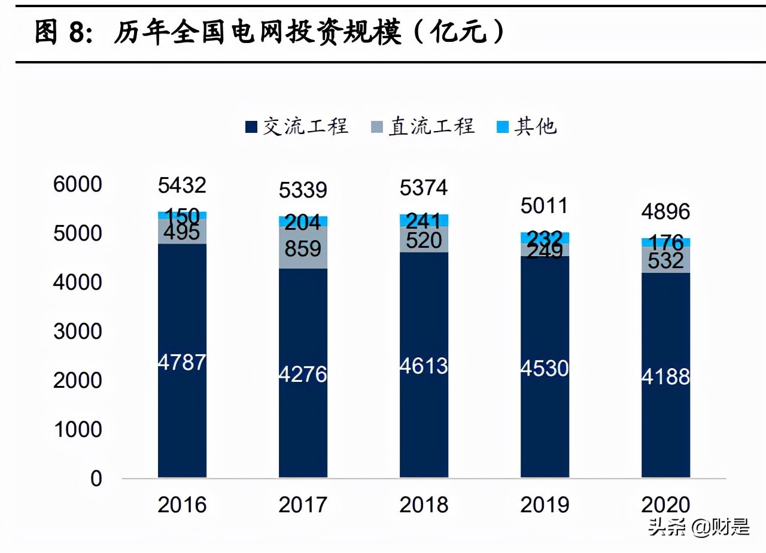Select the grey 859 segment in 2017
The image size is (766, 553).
pyautogui.click(x=303, y=248)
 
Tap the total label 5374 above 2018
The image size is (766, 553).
pyautogui.click(x=424, y=188)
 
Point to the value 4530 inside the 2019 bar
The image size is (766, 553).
pyautogui.click(x=544, y=367)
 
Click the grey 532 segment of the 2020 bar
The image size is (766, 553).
pyautogui.click(x=665, y=260)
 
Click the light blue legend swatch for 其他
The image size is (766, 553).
pyautogui.click(x=503, y=127)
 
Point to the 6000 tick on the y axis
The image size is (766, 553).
pyautogui.click(x=78, y=184)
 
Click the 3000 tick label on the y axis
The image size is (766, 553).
pyautogui.click(x=78, y=332)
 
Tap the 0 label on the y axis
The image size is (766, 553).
pyautogui.click(x=96, y=479)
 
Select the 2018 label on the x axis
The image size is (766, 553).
pyautogui.click(x=424, y=505)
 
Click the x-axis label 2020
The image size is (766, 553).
pyautogui.click(x=665, y=505)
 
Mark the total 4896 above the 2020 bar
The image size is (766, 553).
pyautogui.click(x=665, y=211)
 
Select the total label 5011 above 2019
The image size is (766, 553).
pyautogui.click(x=544, y=206)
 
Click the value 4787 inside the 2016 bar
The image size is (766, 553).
pyautogui.click(x=182, y=362)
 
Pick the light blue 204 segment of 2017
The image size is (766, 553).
pyautogui.click(x=303, y=221)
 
